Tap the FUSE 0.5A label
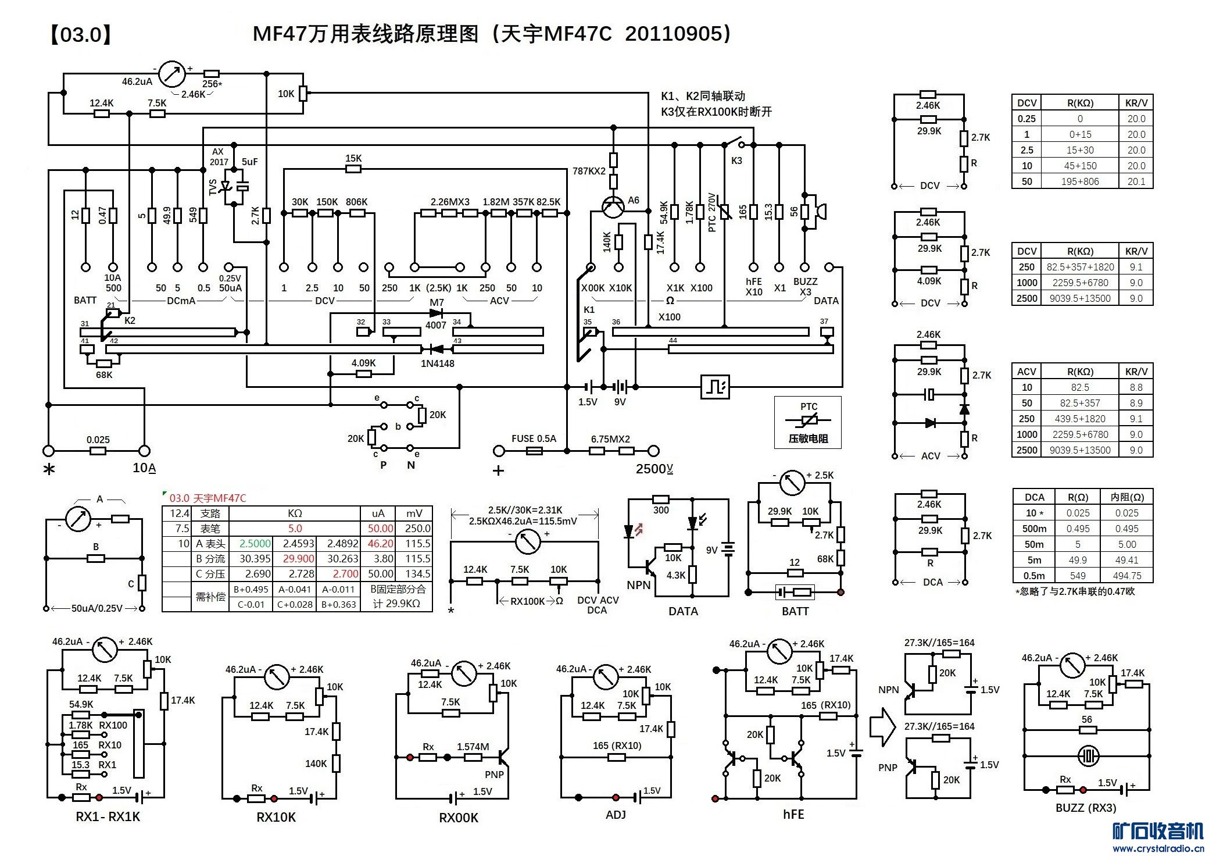(534, 438)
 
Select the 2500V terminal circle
(654, 451)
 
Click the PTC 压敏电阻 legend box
(808, 422)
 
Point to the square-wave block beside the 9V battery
(715, 386)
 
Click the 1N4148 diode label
(438, 363)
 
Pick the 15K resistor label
(353, 158)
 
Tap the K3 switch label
(736, 160)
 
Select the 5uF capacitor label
(250, 162)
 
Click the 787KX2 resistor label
(589, 171)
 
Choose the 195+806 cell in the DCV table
(1080, 181)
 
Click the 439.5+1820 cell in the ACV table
(1080, 419)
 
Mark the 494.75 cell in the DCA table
(1127, 576)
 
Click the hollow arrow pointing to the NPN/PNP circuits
(882, 727)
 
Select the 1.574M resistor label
(473, 747)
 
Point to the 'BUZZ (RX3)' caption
(1086, 808)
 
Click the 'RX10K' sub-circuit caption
(276, 817)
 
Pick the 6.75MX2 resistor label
(610, 439)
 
